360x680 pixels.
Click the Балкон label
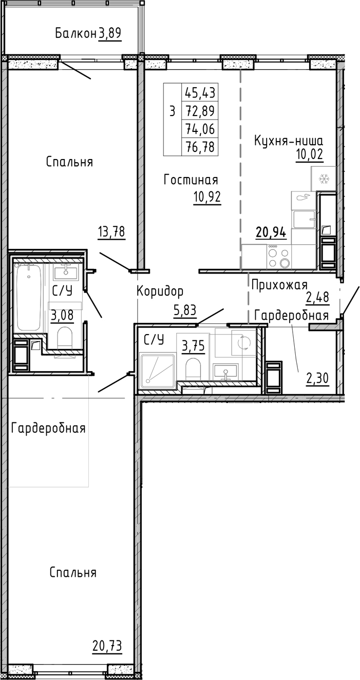point(75,34)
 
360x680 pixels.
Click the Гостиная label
point(191,180)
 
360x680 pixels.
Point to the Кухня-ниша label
point(289,141)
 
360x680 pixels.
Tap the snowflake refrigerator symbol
point(324,179)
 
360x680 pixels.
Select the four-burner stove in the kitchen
point(279,257)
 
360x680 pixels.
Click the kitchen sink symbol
point(304,219)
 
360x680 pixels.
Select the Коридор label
point(160,292)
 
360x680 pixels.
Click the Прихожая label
point(279,285)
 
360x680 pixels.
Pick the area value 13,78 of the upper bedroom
point(111,232)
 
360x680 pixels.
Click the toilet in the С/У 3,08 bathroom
point(65,338)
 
